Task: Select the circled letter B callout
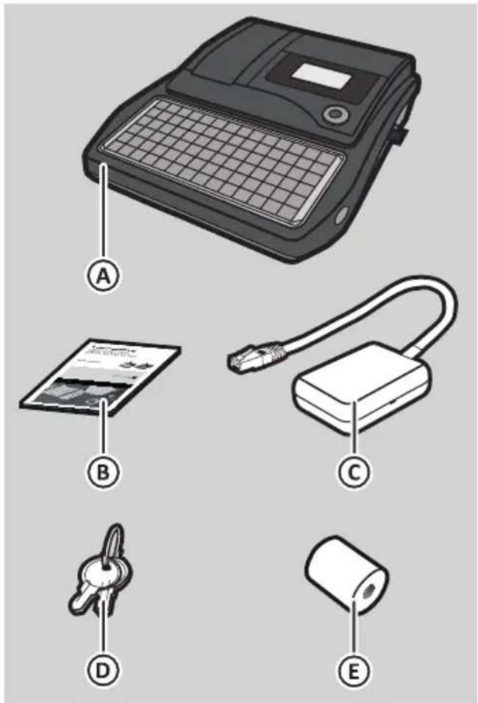(x=103, y=471)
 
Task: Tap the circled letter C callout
(x=354, y=471)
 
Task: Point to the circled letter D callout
(x=103, y=671)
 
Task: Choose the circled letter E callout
(x=354, y=671)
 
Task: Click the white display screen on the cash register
(x=322, y=76)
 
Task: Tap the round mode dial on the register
(x=335, y=115)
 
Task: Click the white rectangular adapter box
(x=361, y=388)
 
